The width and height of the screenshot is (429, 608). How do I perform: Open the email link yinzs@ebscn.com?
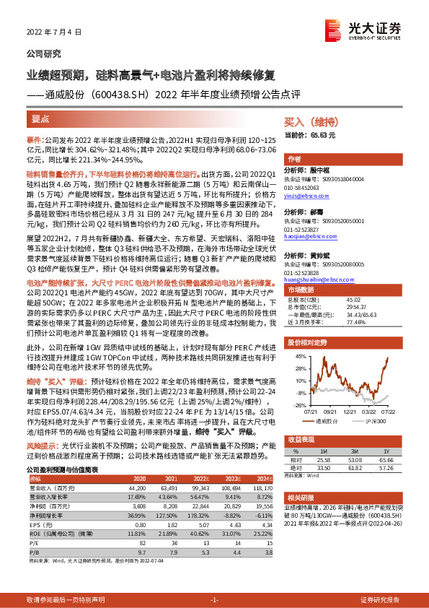click(x=308, y=194)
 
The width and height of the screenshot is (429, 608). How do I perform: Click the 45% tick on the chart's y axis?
click(x=297, y=357)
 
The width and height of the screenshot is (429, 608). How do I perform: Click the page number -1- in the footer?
click(x=214, y=599)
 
